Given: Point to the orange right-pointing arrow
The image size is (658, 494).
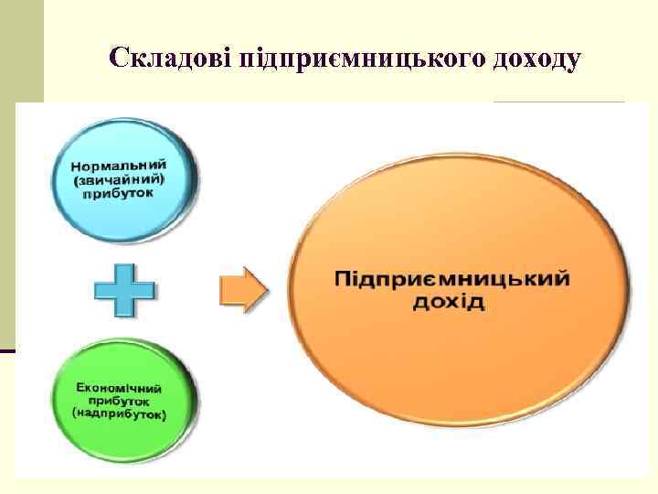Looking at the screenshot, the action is [243, 291].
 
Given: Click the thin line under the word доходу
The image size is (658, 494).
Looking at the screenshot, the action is [558, 100].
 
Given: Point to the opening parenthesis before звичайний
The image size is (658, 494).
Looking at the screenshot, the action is [79, 181].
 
